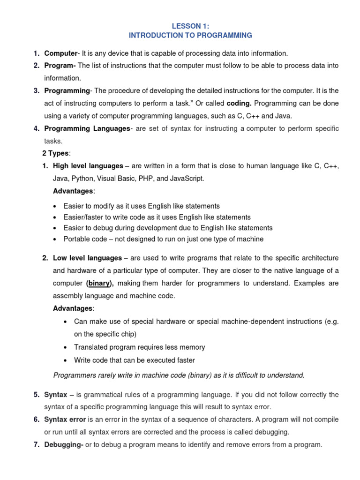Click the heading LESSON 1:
click(190, 26)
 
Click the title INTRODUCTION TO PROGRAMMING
click(190, 35)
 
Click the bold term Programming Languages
click(87, 128)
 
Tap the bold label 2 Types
click(55, 153)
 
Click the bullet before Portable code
click(56, 240)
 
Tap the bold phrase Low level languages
click(88, 258)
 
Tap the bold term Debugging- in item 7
click(64, 444)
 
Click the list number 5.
click(36, 395)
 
